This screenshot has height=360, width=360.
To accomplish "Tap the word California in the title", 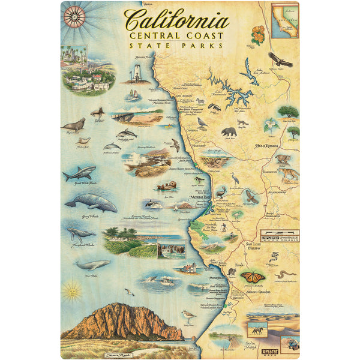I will (x=177, y=20).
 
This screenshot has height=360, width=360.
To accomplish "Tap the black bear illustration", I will (x=229, y=131).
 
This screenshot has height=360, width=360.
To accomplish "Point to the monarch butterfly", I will (x=253, y=277).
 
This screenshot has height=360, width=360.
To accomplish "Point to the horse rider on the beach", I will (x=259, y=330).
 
